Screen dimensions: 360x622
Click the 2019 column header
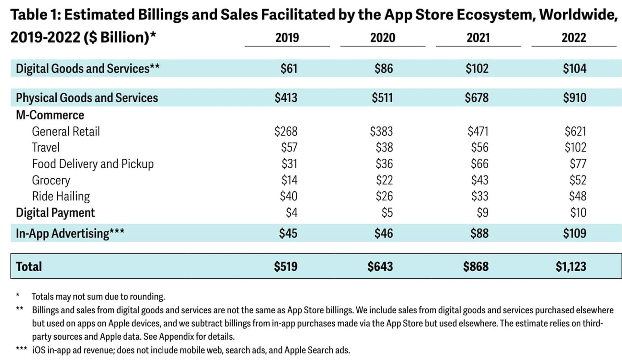(x=287, y=38)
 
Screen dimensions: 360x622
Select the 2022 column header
(x=574, y=38)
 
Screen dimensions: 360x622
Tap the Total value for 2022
(x=571, y=266)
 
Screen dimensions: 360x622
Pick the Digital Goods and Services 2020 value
(x=384, y=69)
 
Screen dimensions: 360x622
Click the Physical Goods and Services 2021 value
(x=477, y=98)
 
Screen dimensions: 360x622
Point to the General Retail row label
(x=66, y=131)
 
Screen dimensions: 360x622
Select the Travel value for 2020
(x=384, y=148)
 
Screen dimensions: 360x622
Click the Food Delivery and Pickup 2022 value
(x=578, y=164)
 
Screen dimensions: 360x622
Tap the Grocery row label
(x=51, y=180)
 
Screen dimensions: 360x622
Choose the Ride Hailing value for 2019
(x=289, y=196)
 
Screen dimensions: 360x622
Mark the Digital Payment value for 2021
(x=482, y=213)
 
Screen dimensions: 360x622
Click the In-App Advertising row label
(x=70, y=233)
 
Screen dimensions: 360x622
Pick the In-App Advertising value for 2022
(x=574, y=233)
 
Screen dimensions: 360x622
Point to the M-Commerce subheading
(x=50, y=115)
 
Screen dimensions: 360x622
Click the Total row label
(x=29, y=266)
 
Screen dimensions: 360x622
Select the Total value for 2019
(x=285, y=266)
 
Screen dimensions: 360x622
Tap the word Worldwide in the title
(x=578, y=15)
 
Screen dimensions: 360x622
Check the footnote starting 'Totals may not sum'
(x=98, y=297)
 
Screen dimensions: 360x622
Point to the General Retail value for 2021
(x=478, y=131)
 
